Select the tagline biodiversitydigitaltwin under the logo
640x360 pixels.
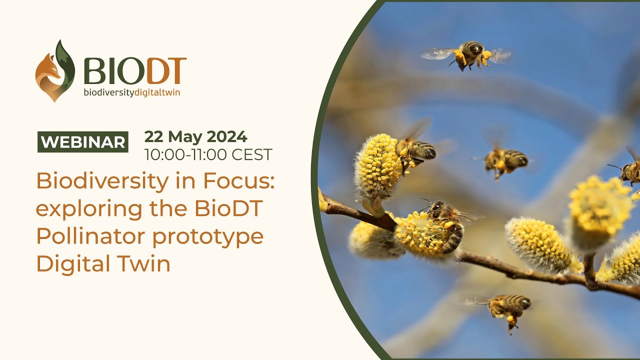(x=131, y=93)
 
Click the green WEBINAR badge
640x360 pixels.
(x=83, y=142)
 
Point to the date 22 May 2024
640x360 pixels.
(x=195, y=136)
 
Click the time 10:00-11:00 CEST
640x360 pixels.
(x=208, y=155)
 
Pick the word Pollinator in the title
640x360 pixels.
(x=90, y=236)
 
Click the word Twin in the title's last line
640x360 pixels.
(x=145, y=263)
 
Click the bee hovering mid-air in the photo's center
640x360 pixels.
(x=504, y=161)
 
